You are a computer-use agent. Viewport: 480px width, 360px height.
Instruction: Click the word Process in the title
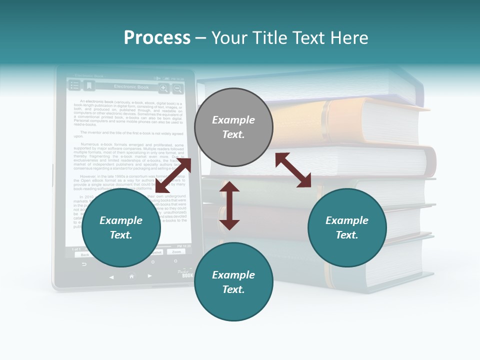(157, 37)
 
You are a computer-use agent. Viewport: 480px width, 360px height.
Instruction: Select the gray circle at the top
(233, 127)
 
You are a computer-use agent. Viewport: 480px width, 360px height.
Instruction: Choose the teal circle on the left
(121, 227)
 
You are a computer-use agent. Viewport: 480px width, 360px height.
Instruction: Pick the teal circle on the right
(347, 227)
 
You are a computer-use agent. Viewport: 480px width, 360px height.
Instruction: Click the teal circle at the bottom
(233, 282)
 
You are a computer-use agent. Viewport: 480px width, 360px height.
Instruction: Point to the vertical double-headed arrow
(229, 205)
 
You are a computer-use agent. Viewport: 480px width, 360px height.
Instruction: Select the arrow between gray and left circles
(173, 175)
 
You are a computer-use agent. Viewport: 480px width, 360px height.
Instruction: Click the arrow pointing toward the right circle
(293, 170)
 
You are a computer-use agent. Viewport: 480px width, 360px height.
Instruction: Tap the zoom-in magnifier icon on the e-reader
(163, 88)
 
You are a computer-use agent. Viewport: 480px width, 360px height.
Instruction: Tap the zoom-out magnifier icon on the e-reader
(177, 88)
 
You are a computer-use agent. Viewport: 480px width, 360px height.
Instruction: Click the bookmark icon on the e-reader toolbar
(88, 86)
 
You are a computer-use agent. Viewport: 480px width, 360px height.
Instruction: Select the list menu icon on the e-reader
(74, 86)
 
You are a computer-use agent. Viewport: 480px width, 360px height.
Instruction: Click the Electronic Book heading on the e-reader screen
(131, 87)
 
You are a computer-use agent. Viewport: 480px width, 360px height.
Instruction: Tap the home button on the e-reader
(131, 275)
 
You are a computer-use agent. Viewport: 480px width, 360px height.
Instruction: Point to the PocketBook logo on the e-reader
(186, 273)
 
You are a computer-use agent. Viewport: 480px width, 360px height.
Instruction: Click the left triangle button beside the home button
(111, 276)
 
